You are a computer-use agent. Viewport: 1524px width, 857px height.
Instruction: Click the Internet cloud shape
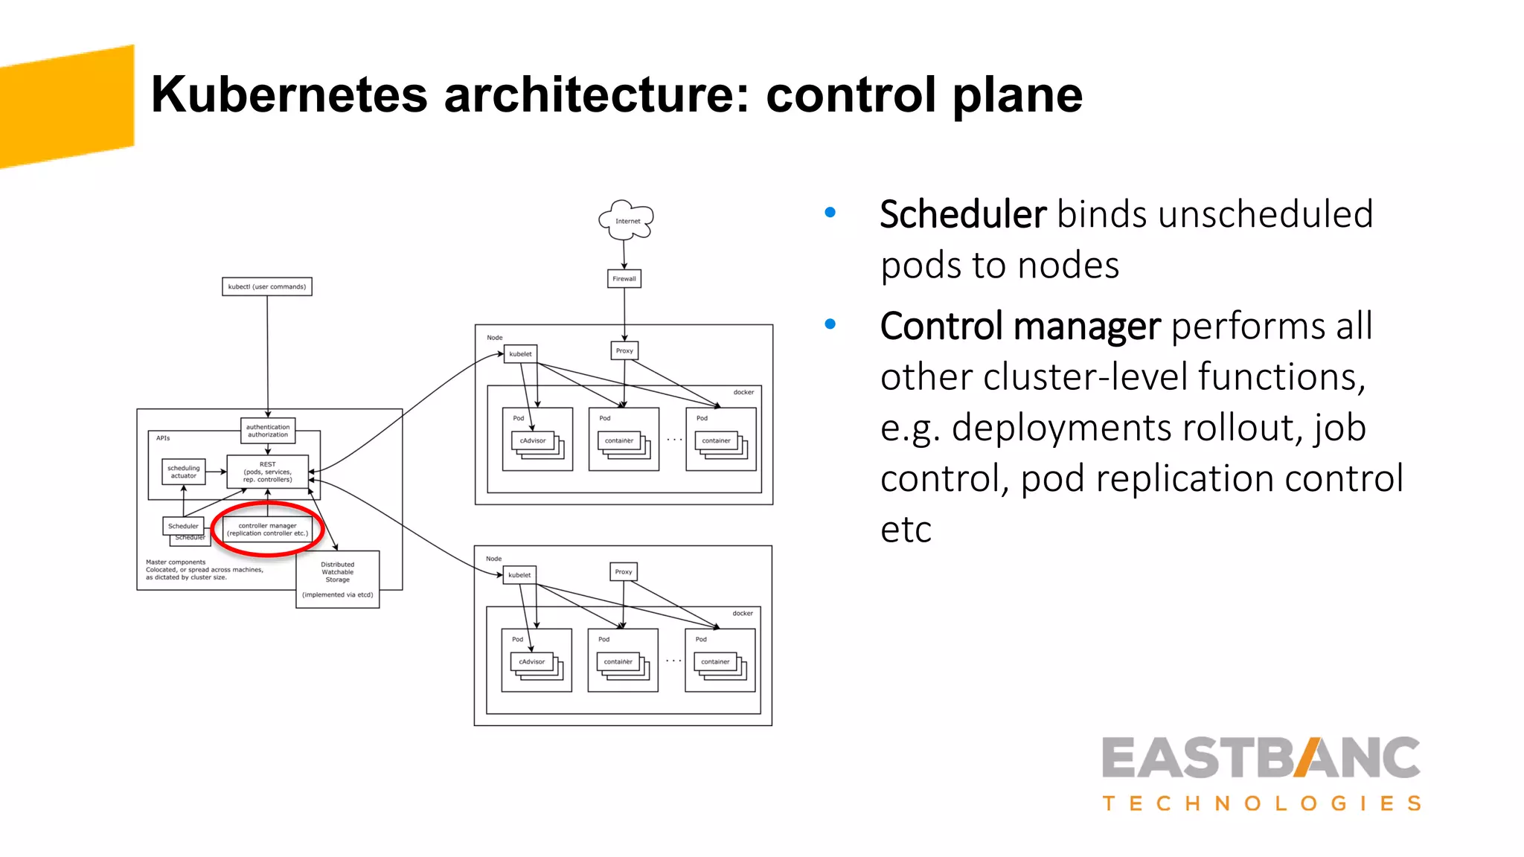[x=627, y=220]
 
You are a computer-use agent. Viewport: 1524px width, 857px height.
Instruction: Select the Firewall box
[x=624, y=279]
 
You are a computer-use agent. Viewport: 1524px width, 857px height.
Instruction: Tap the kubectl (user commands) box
[x=267, y=286]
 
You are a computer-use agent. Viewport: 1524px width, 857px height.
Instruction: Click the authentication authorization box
[x=268, y=431]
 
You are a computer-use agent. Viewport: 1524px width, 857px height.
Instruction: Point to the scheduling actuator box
[x=184, y=472]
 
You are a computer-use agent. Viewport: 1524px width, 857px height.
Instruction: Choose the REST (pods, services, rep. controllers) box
[x=268, y=472]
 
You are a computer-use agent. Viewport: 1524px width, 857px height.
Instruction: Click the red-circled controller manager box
[x=267, y=529]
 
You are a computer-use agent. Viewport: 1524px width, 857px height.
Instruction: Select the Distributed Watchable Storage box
[x=338, y=579]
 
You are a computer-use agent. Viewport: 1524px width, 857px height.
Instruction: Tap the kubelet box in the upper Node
[x=520, y=354]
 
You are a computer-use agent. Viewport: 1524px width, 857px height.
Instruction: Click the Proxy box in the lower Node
[x=624, y=571]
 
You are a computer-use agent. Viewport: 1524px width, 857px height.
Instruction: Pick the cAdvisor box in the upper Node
[x=533, y=440]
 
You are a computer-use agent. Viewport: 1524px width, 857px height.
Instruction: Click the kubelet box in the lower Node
[x=519, y=575]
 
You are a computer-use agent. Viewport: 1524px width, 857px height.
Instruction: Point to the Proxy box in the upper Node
[x=624, y=350]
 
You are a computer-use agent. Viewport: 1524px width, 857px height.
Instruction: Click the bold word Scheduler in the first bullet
[x=963, y=215]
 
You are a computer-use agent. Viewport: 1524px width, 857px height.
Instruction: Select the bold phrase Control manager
[x=1020, y=327]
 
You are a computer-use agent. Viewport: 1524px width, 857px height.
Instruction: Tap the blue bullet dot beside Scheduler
[x=830, y=213]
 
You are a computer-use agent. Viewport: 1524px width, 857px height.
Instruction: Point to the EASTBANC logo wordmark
[x=1261, y=758]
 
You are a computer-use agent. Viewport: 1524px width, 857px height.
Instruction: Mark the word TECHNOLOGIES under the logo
[x=1261, y=803]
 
